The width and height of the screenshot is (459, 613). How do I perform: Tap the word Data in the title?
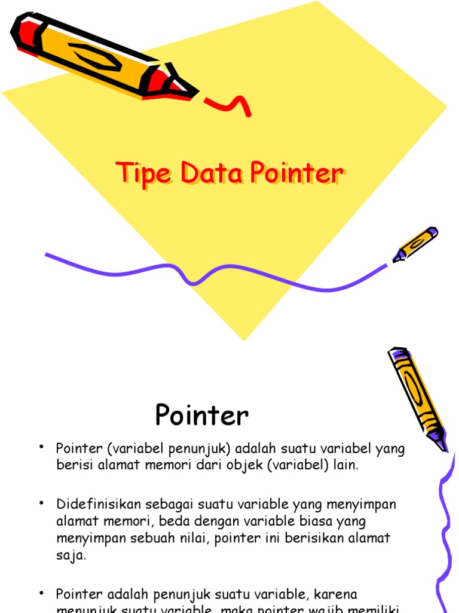pos(210,174)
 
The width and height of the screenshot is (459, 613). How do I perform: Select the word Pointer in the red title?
pos(296,174)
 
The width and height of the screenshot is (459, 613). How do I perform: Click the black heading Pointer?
pos(201,415)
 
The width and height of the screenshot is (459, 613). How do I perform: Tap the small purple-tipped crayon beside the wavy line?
pos(416,244)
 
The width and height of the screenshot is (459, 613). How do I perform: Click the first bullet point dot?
pos(42,448)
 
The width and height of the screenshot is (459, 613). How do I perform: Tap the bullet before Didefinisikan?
pos(42,503)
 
